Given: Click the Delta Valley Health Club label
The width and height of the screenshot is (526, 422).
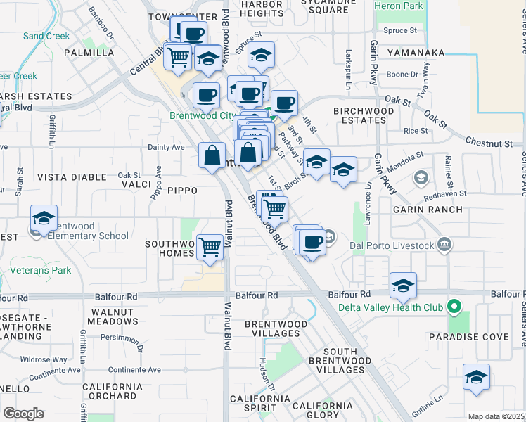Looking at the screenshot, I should (x=390, y=307).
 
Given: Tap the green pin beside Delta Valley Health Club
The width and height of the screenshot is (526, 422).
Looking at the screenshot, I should (x=454, y=307).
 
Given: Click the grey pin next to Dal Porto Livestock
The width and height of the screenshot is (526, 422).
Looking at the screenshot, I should (x=444, y=245).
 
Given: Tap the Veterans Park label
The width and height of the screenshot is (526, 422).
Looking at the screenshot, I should (x=41, y=270).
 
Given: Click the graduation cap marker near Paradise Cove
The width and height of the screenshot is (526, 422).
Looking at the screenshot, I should (x=476, y=377).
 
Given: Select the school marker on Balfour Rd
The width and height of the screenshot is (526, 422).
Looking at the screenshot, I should (x=403, y=285).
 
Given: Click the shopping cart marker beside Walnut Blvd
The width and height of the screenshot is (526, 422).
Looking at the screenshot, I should (x=210, y=247).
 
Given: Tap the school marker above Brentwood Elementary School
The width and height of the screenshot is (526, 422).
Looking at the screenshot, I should (x=44, y=218).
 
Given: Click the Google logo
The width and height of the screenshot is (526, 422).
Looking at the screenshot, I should (x=23, y=414).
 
